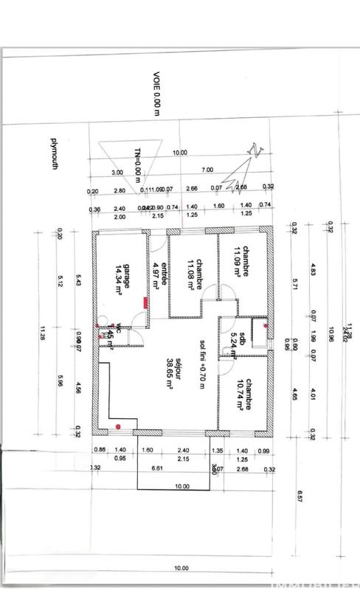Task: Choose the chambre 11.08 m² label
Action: (194, 275)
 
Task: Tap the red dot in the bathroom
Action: (266, 325)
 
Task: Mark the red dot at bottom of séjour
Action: (118, 426)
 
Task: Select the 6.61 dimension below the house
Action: (157, 468)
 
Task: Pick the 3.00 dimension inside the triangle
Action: (117, 172)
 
